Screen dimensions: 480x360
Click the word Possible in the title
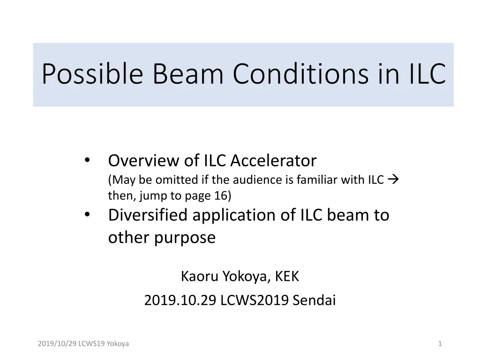click(92, 74)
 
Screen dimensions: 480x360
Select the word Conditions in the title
click(300, 74)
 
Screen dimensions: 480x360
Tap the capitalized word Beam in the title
click(188, 74)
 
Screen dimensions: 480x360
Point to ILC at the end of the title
click(427, 74)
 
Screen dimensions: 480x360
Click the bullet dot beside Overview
click(87, 160)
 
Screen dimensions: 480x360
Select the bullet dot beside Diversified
click(87, 214)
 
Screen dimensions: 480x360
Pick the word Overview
click(143, 161)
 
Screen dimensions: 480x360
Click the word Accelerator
click(273, 161)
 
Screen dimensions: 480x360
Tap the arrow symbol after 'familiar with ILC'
click(393, 179)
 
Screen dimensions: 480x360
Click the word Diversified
click(148, 215)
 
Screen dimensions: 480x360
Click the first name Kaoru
click(199, 277)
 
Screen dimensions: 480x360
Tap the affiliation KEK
click(287, 277)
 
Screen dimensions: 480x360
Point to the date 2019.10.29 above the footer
click(180, 300)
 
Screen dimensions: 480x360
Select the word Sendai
click(315, 300)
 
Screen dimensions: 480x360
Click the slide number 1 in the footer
click(440, 344)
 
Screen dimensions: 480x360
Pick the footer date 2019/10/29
click(57, 344)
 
